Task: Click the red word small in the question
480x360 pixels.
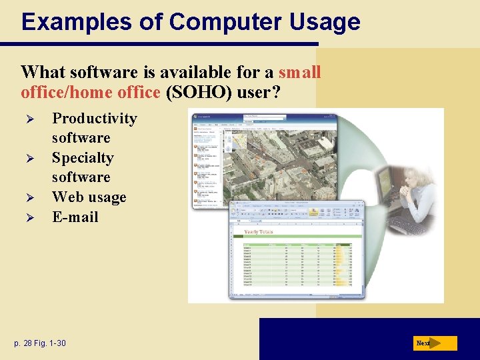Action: pos(300,72)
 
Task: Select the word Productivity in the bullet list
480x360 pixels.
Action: pos(95,119)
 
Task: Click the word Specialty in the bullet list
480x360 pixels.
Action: pos(83,158)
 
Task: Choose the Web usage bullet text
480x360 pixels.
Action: pos(89,197)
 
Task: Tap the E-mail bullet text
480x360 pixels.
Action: pos(75,217)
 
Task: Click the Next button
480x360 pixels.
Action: pos(434,343)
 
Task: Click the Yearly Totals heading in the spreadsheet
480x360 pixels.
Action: pos(259,231)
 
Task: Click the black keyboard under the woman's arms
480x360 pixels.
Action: pos(407,223)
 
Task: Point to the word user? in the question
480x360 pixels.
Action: pos(256,92)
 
